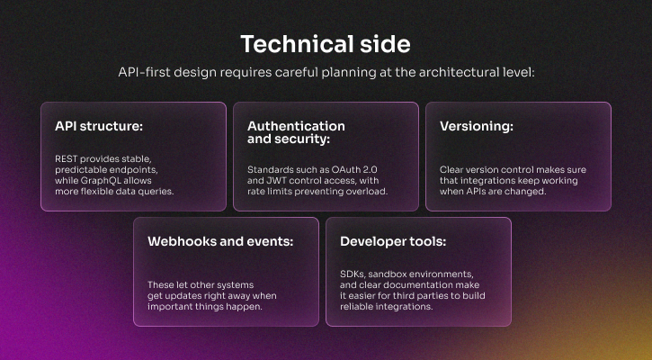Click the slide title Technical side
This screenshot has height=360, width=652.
coord(326,44)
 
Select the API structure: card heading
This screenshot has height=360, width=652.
coord(99,126)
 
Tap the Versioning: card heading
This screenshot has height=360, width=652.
coord(477,126)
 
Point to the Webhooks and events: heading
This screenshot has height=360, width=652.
coord(220,241)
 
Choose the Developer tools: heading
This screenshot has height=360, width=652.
coord(393,241)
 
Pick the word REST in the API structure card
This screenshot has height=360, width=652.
coord(67,158)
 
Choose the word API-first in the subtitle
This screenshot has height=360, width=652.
coord(146,72)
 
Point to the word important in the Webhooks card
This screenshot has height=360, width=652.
coord(171,306)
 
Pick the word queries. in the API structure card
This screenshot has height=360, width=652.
coord(152,191)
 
